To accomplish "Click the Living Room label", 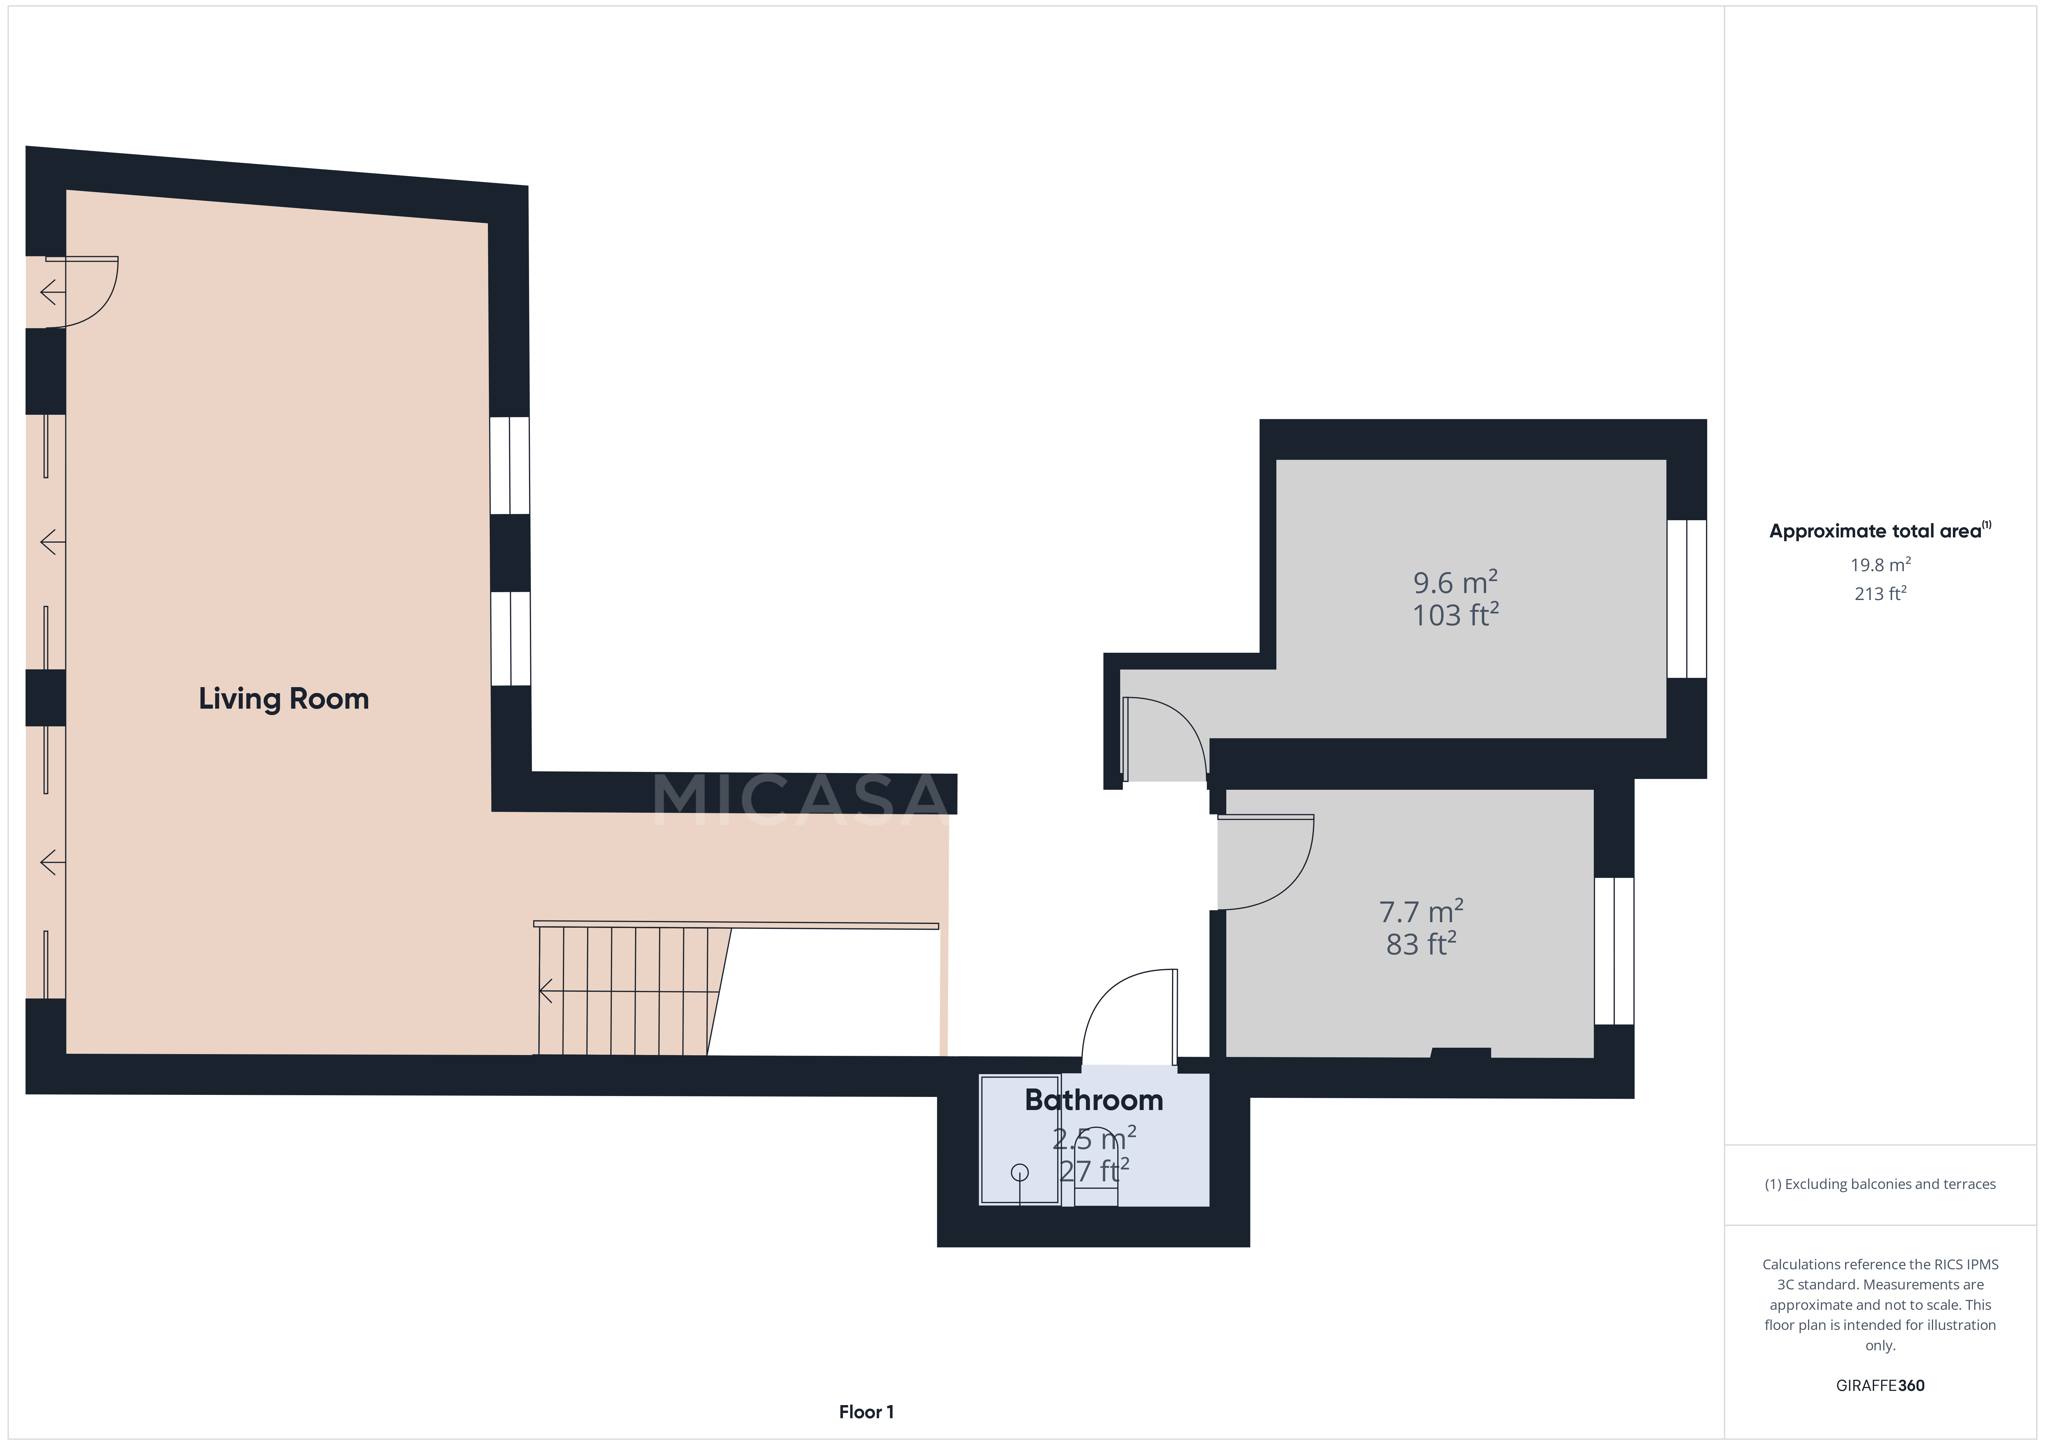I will tap(283, 699).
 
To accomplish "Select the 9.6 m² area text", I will tap(1455, 583).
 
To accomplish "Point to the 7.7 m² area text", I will tap(1421, 912).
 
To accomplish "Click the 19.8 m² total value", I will tap(1880, 565).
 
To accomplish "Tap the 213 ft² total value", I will tap(1880, 594).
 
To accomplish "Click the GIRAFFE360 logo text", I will tap(1880, 1385).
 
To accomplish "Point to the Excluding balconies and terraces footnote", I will tap(1880, 1184).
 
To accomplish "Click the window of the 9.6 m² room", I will tap(1686, 599).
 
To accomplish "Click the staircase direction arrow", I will tap(545, 991).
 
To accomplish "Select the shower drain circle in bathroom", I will tap(1020, 1173).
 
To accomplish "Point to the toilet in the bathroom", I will tap(1096, 1175).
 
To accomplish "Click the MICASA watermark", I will tap(802, 799).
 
